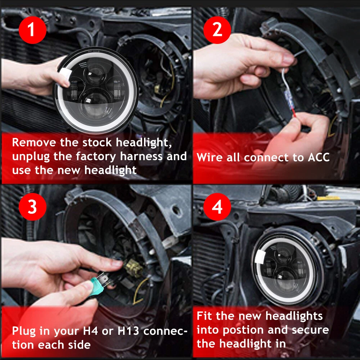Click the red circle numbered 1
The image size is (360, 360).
click(33, 30)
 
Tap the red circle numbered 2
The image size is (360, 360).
click(217, 30)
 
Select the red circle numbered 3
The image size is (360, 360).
click(33, 207)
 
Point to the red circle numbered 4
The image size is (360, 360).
click(217, 207)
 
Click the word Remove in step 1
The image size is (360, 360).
click(34, 142)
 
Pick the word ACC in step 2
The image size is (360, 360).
click(319, 157)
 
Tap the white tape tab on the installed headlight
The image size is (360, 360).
click(260, 257)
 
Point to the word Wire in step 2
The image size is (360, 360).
click(210, 157)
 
